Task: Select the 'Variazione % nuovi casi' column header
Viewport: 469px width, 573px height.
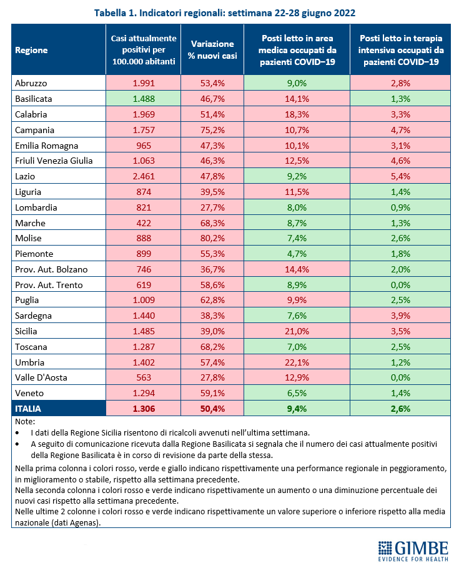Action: pyautogui.click(x=212, y=51)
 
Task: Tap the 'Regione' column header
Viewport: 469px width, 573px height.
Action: pyautogui.click(x=31, y=51)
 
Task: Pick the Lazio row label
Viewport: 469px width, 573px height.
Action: pyautogui.click(x=25, y=177)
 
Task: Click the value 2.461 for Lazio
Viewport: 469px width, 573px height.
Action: pyautogui.click(x=143, y=177)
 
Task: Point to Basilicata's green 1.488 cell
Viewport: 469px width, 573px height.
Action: pyautogui.click(x=143, y=99)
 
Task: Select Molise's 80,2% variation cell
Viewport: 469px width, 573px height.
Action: pyautogui.click(x=212, y=239)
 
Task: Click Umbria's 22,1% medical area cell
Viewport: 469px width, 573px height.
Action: pyautogui.click(x=297, y=362)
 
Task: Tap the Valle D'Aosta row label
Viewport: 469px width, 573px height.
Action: pyautogui.click(x=40, y=378)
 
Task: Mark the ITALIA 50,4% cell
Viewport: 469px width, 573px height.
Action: pyautogui.click(x=212, y=409)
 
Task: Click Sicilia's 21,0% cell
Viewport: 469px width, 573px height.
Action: pyautogui.click(x=297, y=332)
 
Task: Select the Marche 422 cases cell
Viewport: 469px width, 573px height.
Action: pyautogui.click(x=143, y=223)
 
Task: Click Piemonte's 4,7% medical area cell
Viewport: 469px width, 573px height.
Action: pyautogui.click(x=297, y=254)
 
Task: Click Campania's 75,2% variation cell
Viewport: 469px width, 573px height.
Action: pyautogui.click(x=212, y=131)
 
